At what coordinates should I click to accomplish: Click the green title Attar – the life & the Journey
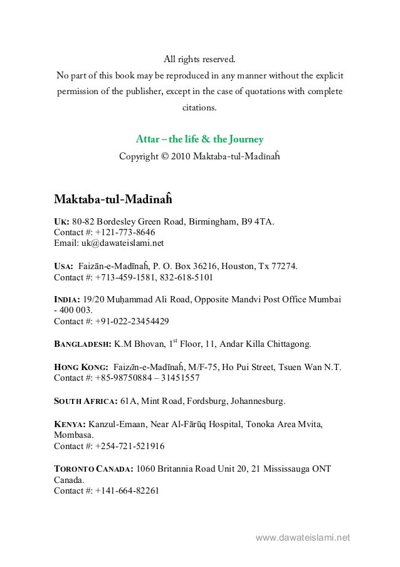pyautogui.click(x=199, y=139)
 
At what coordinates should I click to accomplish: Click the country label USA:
pyautogui.click(x=64, y=266)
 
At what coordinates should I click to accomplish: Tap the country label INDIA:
pyautogui.click(x=67, y=299)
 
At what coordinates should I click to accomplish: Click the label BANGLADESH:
pyautogui.click(x=83, y=344)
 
